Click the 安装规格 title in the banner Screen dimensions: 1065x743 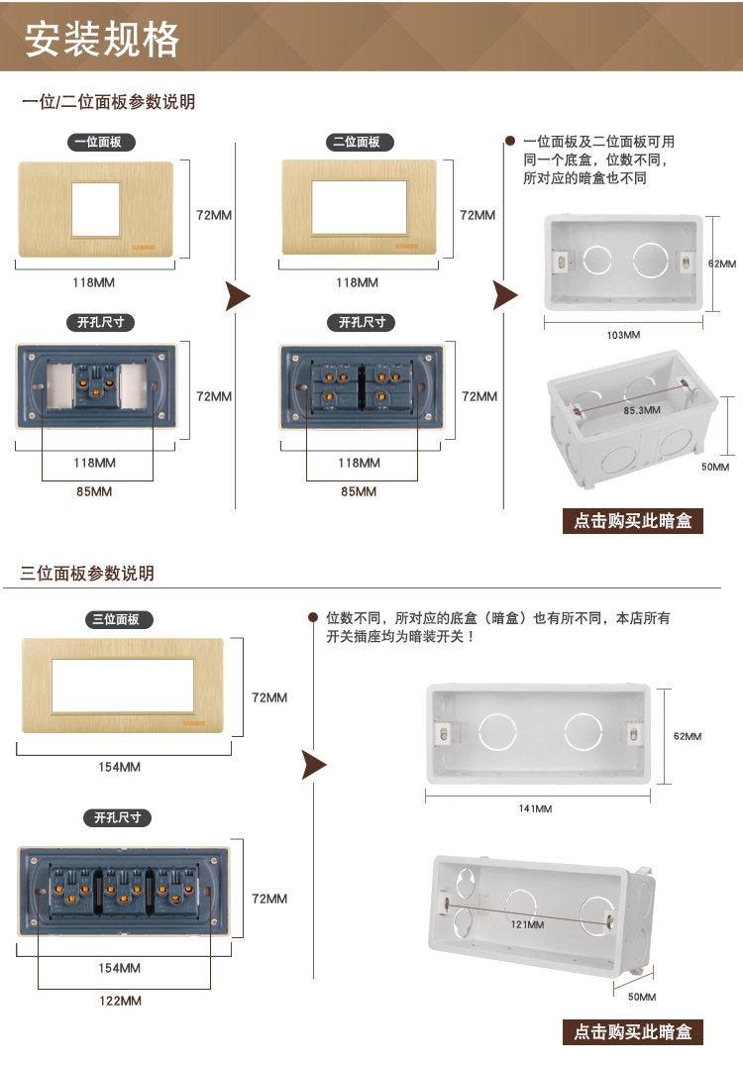coord(102,40)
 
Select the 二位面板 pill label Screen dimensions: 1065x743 coord(360,143)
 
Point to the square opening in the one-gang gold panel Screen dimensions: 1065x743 coord(95,209)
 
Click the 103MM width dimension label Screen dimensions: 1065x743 coord(623,335)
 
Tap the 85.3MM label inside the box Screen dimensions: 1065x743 coord(643,408)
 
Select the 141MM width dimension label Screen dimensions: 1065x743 coord(535,809)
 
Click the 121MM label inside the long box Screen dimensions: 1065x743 coord(528,925)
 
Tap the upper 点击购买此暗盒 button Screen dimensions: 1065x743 coord(633,521)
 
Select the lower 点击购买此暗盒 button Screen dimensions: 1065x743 coord(633,1032)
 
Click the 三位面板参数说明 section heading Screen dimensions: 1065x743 coord(87,574)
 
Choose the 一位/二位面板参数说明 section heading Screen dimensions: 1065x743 coord(108,102)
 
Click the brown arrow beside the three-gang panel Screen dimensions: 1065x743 coord(314,764)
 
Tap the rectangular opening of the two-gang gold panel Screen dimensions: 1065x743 coord(360,208)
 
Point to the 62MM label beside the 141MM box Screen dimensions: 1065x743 coord(688,736)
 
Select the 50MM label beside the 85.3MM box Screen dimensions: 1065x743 coord(715,467)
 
